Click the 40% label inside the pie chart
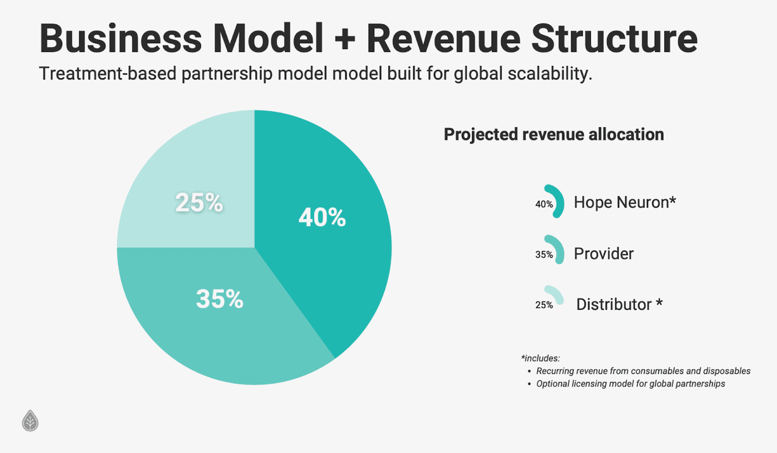(322, 218)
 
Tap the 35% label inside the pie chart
(220, 299)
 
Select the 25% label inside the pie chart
(199, 202)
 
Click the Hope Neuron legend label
(625, 202)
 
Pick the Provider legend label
(604, 254)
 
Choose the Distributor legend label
(619, 305)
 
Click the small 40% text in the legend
(544, 204)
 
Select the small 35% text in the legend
(544, 255)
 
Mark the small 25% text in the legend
(544, 305)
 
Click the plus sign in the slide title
(345, 39)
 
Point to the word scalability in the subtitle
(550, 74)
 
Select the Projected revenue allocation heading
(554, 134)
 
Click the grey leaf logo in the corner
(30, 421)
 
